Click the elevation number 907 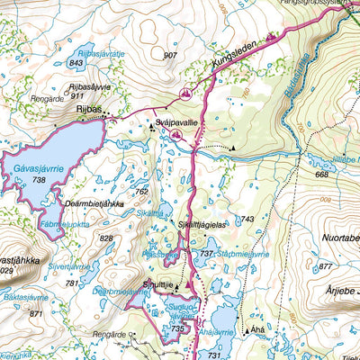(170, 56)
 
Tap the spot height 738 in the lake (38, 180)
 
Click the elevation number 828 (106, 238)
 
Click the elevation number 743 (247, 220)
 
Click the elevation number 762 (140, 191)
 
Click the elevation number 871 (36, 313)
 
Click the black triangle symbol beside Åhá (246, 330)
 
